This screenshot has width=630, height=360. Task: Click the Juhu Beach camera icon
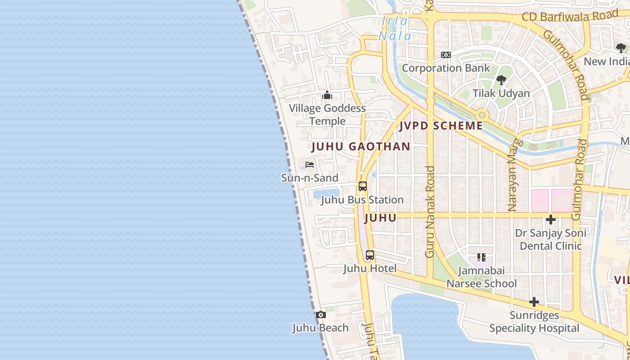(x=320, y=315)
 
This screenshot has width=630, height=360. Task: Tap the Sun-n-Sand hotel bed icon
(x=310, y=165)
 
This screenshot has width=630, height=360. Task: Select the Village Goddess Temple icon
(x=327, y=95)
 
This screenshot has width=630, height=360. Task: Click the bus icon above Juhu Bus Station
(x=362, y=186)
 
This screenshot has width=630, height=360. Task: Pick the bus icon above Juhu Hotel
(x=370, y=255)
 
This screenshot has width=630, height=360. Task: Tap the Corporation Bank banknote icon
(x=446, y=55)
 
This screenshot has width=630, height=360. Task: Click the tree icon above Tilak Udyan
(x=501, y=81)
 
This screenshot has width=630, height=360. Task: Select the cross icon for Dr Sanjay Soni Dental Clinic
(x=550, y=220)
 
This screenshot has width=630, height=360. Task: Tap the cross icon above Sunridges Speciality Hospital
(x=534, y=302)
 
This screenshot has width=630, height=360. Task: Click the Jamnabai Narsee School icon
(x=481, y=257)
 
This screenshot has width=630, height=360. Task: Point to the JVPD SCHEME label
(x=441, y=126)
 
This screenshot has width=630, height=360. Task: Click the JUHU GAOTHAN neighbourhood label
(x=361, y=147)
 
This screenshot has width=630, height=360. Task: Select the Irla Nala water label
(x=395, y=28)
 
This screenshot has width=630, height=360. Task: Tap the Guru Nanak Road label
(x=430, y=211)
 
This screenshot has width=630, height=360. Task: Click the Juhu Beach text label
(x=320, y=328)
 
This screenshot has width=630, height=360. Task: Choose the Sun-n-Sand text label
(x=310, y=178)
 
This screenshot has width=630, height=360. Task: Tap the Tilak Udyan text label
(x=501, y=94)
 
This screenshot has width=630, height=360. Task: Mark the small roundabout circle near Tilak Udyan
(x=482, y=115)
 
